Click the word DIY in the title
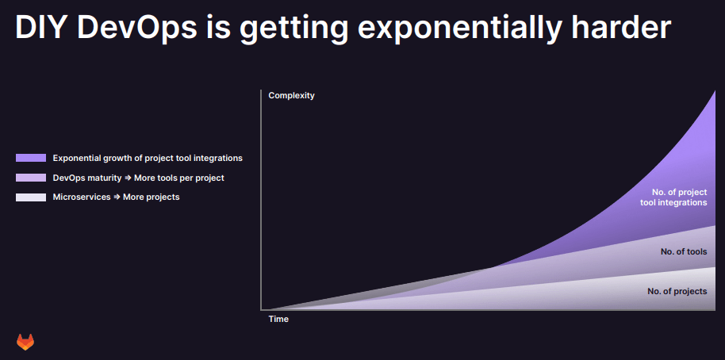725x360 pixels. tap(41, 27)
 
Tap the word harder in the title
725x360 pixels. tap(621, 27)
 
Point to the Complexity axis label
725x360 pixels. tap(291, 96)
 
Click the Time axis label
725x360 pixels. tap(278, 319)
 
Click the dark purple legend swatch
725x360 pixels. tap(31, 158)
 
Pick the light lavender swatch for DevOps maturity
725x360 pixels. tap(31, 178)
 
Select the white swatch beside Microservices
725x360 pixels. tap(31, 197)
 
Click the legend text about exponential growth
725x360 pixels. tap(148, 158)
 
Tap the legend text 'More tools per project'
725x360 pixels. tap(179, 178)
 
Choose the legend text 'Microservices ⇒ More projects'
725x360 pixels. tap(116, 197)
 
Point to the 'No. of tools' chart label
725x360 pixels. tap(684, 252)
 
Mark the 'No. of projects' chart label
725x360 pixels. tap(677, 291)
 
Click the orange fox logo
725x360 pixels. tap(25, 342)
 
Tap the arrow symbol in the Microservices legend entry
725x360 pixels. tap(117, 197)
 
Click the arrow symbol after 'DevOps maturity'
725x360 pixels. tap(128, 178)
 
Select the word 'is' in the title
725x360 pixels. tap(218, 27)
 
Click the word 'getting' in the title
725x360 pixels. tap(293, 29)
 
